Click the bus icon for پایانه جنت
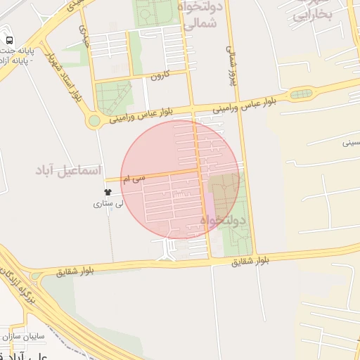click(x=9, y=40)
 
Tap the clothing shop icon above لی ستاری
click(x=108, y=192)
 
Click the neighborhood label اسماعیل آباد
click(x=69, y=171)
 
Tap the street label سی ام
click(x=133, y=179)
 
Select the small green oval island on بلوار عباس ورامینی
click(x=300, y=94)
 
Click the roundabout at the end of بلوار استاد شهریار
click(x=94, y=121)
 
